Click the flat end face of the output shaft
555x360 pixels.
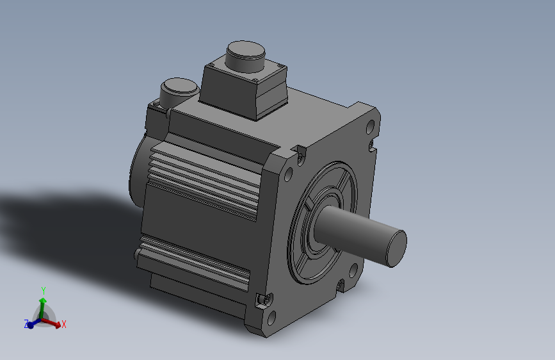click(394, 247)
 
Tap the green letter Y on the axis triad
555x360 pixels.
click(44, 290)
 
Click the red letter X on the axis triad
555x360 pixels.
click(64, 325)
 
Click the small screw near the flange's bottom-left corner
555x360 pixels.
click(261, 300)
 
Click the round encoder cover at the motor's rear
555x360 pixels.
click(138, 170)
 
